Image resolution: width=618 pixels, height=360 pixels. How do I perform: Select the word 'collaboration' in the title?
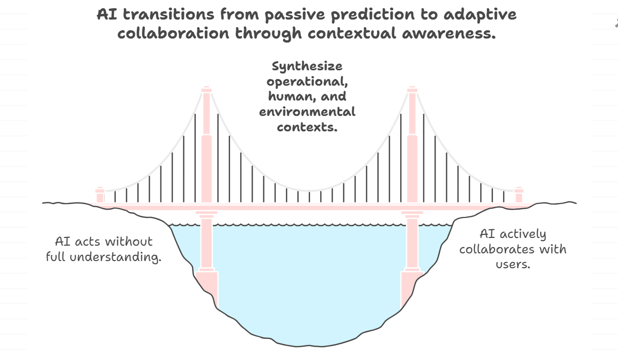173,34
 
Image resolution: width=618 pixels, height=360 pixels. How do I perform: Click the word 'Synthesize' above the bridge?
307,66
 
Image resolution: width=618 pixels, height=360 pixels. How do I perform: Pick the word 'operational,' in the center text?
307,81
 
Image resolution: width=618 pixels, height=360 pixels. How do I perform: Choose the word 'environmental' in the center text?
307,111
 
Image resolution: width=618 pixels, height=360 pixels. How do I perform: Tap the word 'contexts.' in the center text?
307,126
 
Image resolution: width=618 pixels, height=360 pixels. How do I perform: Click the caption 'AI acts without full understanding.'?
104,249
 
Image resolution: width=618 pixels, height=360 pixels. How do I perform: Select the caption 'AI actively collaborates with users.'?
513,249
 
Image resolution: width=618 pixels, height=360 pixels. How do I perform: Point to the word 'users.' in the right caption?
513,265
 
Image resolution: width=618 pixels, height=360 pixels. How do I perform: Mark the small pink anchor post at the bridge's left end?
100,195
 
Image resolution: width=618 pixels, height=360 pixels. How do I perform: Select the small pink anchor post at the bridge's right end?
519,195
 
